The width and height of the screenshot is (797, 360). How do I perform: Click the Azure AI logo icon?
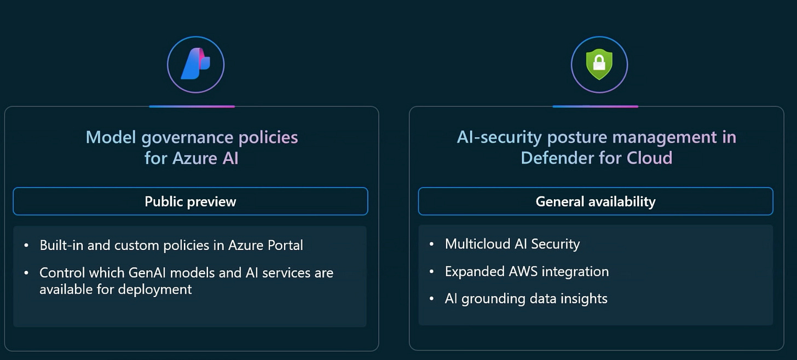pyautogui.click(x=195, y=65)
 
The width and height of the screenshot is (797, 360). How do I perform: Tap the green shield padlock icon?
pyautogui.click(x=599, y=65)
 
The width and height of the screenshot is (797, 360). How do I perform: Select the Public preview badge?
pyautogui.click(x=190, y=201)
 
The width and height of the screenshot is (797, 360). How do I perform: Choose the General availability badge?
pyautogui.click(x=596, y=201)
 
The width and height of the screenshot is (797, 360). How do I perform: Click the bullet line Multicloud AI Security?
pyautogui.click(x=512, y=244)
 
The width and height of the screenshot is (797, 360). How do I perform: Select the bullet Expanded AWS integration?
pyautogui.click(x=527, y=271)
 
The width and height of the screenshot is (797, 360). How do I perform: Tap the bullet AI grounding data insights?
pyautogui.click(x=526, y=299)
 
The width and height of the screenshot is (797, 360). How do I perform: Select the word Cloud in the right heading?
pyautogui.click(x=650, y=158)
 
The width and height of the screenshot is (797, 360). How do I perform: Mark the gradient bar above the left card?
pyautogui.click(x=192, y=106)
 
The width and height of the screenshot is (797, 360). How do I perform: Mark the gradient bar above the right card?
pyautogui.click(x=595, y=106)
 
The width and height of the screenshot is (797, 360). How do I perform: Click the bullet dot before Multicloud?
pyautogui.click(x=432, y=244)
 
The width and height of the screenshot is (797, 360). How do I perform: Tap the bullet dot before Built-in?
pyautogui.click(x=26, y=245)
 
